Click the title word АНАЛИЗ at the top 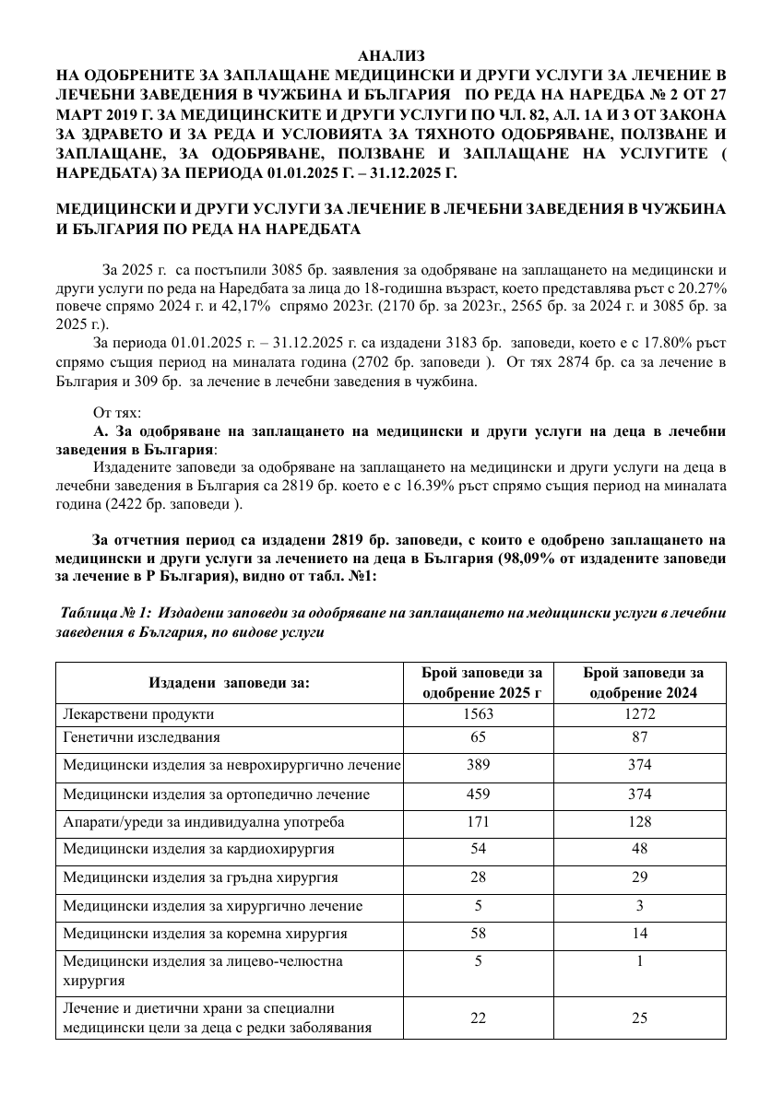coord(391,57)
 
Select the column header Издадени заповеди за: coord(228,683)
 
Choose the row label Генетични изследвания coord(141,737)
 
